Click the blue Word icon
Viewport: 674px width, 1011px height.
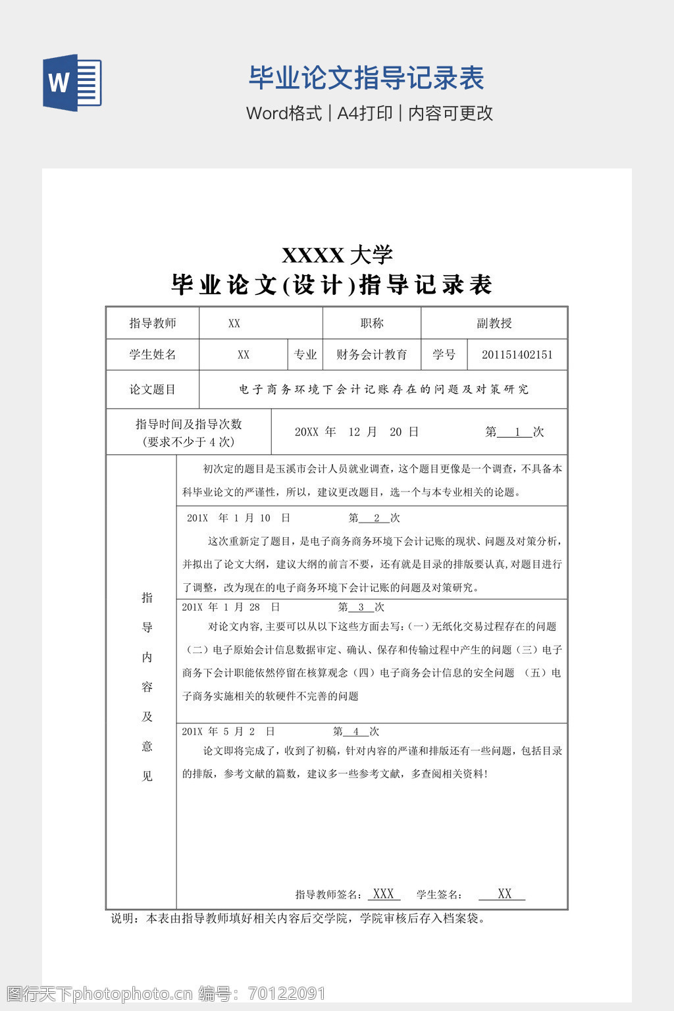[72, 83]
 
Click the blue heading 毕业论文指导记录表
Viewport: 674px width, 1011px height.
[366, 78]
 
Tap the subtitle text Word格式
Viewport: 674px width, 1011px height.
[284, 113]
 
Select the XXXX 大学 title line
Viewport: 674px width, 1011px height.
[337, 255]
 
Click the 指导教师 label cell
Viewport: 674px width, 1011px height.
[153, 323]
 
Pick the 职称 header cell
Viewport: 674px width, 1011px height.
[372, 323]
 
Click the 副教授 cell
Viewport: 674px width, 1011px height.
[494, 323]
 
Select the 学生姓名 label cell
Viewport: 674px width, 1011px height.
[153, 355]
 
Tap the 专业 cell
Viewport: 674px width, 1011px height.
[305, 355]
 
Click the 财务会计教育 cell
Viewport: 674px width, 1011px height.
[372, 355]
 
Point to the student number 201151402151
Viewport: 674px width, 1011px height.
[517, 355]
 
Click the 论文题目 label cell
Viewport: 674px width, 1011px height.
[153, 390]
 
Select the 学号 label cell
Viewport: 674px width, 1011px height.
[444, 355]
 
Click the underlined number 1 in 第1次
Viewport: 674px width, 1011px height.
[518, 432]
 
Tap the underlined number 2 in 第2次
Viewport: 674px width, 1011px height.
[376, 519]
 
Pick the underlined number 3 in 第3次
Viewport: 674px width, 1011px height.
[361, 608]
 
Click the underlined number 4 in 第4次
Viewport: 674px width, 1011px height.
[356, 732]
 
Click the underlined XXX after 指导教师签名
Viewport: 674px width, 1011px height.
[383, 894]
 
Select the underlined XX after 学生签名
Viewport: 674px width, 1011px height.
[504, 894]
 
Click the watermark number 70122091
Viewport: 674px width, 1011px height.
[287, 993]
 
